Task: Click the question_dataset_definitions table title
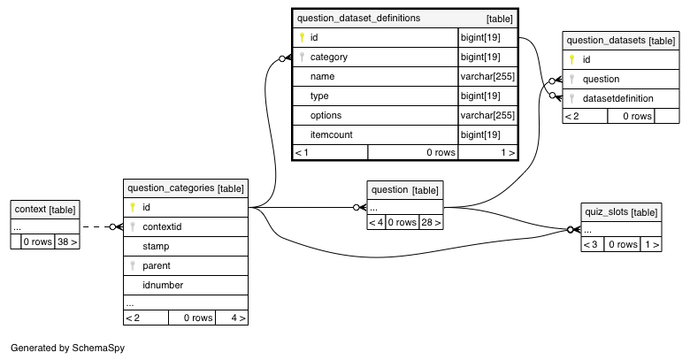pos(358,18)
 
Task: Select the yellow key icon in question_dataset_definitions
pos(302,37)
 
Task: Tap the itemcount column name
pos(332,134)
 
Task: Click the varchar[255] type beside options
pos(487,115)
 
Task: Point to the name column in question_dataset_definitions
pos(323,77)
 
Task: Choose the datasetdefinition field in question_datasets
pos(617,98)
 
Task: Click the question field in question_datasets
pos(602,80)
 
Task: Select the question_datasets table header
pos(621,41)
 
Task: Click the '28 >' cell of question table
pos(431,222)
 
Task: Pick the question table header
pos(405,190)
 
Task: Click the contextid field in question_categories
pos(162,227)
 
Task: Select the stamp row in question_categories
pos(186,247)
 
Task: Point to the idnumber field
pos(163,285)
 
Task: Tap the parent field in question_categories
pos(157,266)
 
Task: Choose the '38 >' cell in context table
pos(67,241)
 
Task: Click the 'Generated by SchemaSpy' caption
pos(68,348)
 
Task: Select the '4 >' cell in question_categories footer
pos(232,318)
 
